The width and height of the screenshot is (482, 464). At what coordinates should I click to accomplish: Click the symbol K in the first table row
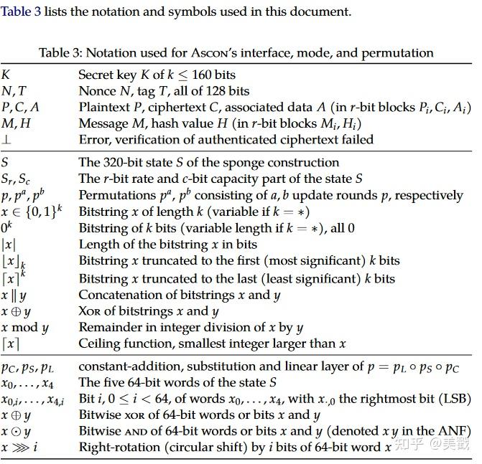tap(6, 75)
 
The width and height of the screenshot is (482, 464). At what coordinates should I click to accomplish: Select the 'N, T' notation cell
tap(14, 91)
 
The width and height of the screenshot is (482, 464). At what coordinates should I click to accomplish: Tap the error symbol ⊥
tap(6, 140)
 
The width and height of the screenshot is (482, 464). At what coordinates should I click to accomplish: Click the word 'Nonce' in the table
tap(97, 91)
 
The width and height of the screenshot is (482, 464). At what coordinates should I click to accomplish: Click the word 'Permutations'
tap(116, 195)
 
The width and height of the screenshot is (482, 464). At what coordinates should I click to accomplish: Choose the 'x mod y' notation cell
tap(25, 328)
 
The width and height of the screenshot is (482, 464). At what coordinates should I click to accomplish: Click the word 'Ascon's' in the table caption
tap(210, 52)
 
